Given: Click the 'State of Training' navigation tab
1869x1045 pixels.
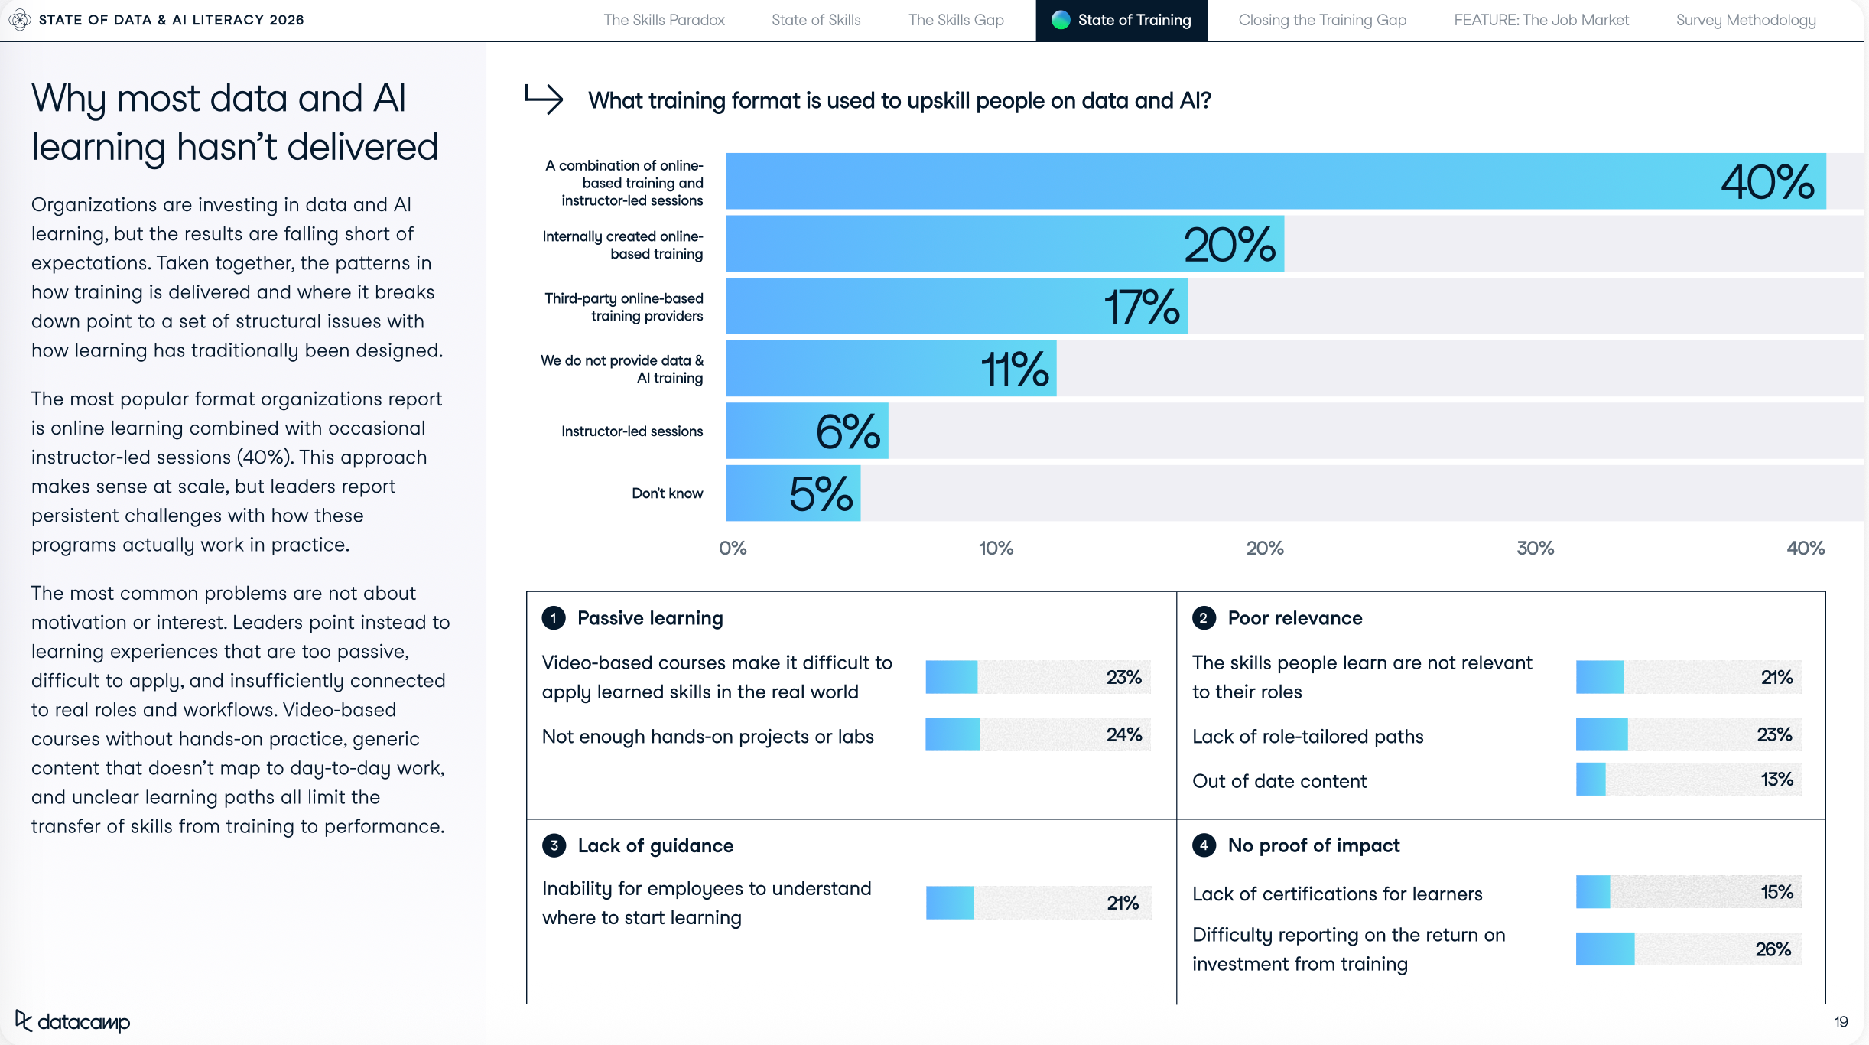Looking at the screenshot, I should (x=1121, y=21).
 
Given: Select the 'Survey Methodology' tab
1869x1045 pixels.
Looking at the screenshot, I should (x=1745, y=21).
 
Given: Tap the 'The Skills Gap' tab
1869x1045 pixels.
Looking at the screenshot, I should (x=955, y=21).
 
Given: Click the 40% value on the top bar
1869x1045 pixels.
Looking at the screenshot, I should (x=1767, y=182).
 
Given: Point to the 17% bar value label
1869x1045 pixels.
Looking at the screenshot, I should (x=1141, y=307).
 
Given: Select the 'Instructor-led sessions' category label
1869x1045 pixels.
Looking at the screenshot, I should (x=632, y=431).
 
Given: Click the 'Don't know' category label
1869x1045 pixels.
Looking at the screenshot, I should (x=667, y=493).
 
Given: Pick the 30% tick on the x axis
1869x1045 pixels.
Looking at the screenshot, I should (x=1535, y=549).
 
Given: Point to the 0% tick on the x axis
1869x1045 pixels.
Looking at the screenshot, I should (x=733, y=549).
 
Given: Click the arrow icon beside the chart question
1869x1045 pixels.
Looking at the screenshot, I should (x=544, y=99).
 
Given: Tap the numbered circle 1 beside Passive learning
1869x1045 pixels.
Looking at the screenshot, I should (x=554, y=618).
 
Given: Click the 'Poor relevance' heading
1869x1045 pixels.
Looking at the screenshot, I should (x=1295, y=618).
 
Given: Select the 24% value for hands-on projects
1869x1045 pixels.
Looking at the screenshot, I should (x=1123, y=735).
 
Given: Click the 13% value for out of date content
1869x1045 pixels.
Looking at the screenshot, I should (x=1776, y=780).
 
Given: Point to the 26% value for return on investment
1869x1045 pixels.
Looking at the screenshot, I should (x=1773, y=949).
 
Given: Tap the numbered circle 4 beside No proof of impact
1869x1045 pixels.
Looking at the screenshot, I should (x=1204, y=845).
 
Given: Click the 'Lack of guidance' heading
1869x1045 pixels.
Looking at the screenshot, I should (x=655, y=846).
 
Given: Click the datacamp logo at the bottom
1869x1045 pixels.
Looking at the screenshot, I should (x=73, y=1021).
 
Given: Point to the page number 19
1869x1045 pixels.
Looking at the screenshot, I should (x=1841, y=1022).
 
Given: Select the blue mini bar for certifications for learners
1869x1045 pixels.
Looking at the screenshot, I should (x=1593, y=892).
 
